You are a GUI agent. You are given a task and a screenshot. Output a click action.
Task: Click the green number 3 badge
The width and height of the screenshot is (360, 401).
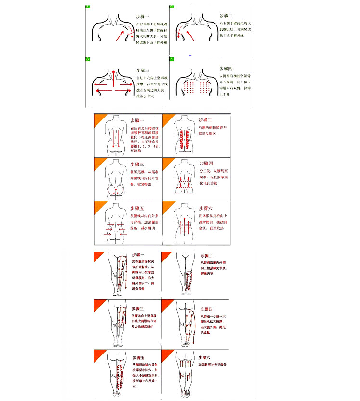(x=88, y=59)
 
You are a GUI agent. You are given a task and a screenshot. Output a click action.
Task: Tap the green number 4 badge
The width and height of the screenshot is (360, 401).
(x=172, y=59)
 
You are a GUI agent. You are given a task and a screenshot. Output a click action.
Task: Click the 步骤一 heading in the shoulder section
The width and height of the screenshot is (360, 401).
(x=144, y=16)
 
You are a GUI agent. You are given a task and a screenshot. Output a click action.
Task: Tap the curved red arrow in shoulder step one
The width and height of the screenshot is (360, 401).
(x=126, y=36)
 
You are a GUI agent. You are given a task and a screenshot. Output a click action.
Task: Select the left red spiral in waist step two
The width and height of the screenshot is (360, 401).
(x=181, y=140)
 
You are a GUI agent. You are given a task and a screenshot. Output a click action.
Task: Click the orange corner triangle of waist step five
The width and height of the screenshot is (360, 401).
(x=99, y=206)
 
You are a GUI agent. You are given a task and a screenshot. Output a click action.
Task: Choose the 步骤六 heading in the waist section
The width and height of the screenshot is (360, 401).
(x=207, y=208)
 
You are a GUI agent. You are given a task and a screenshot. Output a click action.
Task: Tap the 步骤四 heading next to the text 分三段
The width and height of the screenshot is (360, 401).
(x=207, y=164)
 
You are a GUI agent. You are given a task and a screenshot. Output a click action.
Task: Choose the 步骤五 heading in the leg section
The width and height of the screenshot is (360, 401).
(x=140, y=358)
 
